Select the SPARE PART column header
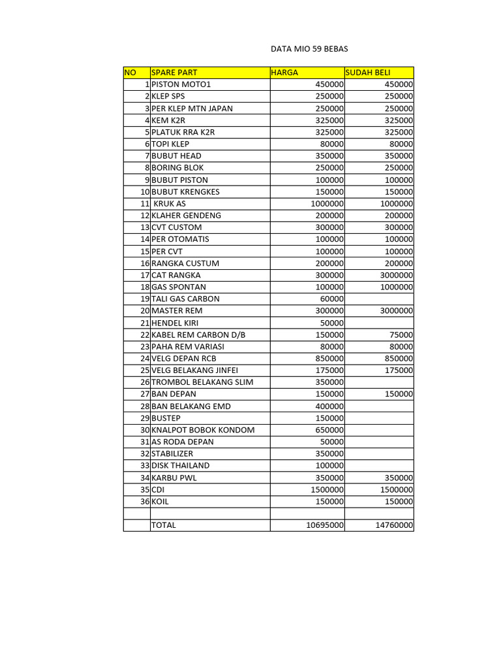(x=174, y=73)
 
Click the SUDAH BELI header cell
(x=369, y=73)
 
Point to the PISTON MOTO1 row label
(x=181, y=84)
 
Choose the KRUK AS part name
(x=170, y=203)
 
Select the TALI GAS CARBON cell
(x=185, y=299)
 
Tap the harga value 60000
(x=331, y=299)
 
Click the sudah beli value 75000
(x=399, y=334)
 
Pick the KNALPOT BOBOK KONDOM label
(x=203, y=430)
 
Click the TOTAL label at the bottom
(x=164, y=525)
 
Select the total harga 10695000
(x=325, y=525)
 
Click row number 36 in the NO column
(x=145, y=501)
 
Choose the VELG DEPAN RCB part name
(x=183, y=358)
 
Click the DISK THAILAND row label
(x=181, y=465)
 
